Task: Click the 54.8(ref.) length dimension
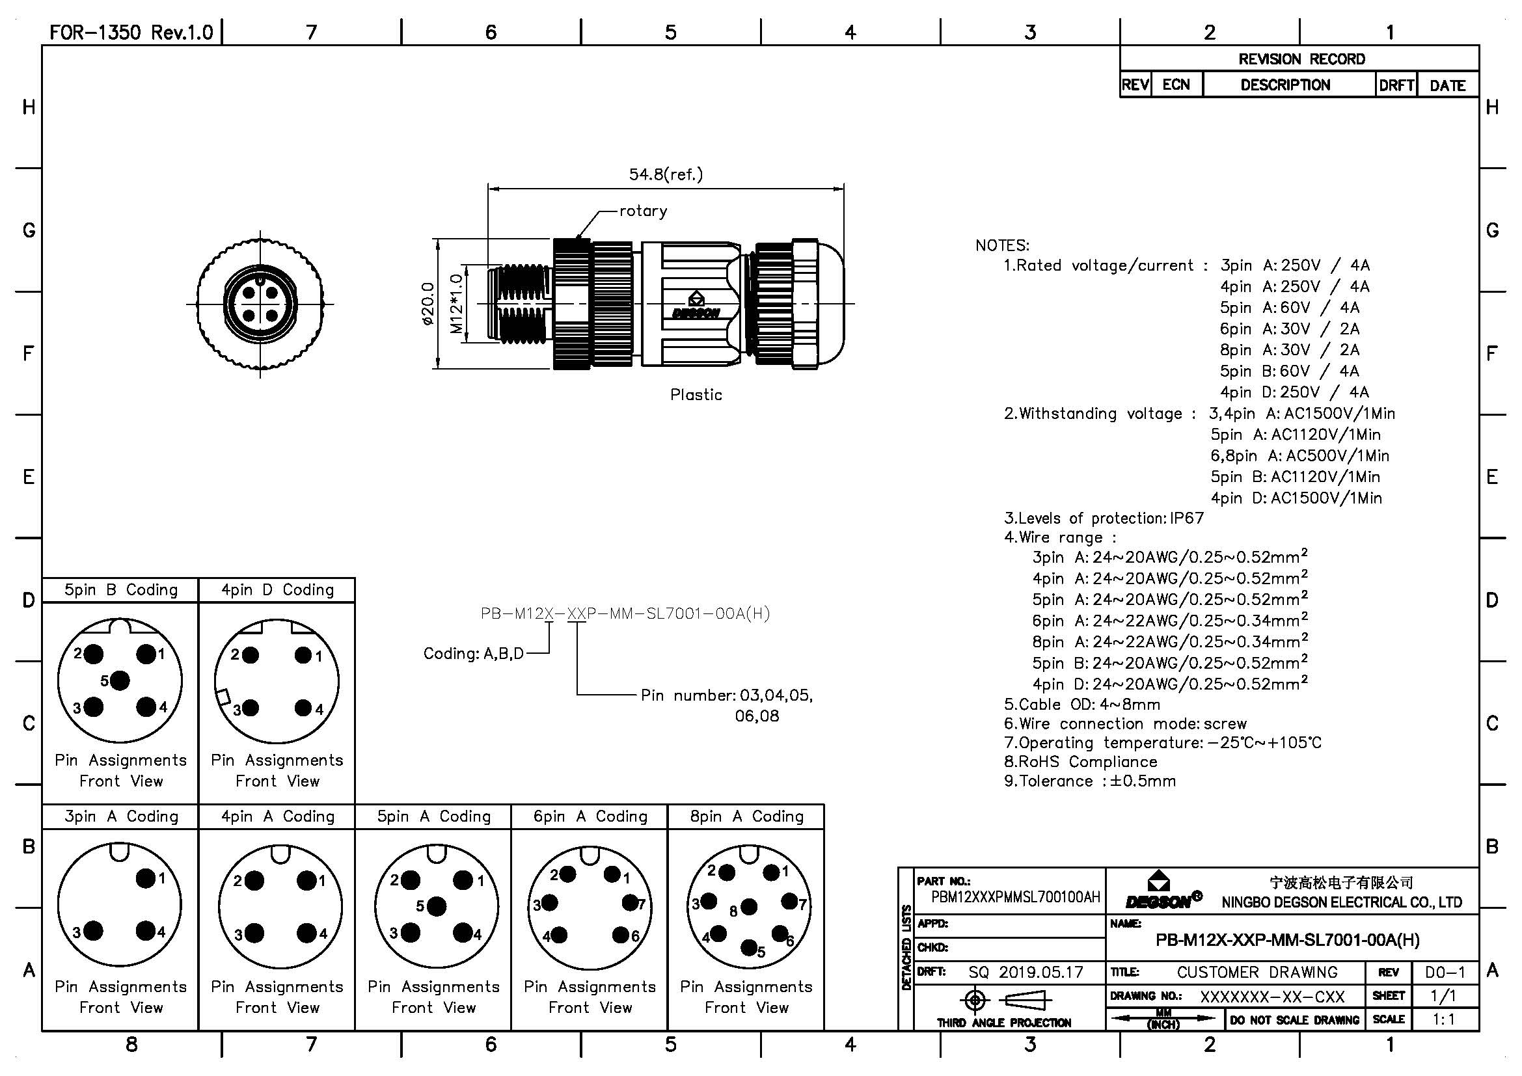665,174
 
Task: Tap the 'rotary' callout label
642,211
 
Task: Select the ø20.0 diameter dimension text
428,303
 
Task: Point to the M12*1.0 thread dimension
456,303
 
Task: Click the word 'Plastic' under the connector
696,395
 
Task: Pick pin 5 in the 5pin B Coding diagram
120,680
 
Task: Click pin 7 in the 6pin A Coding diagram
629,902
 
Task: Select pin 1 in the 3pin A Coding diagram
145,878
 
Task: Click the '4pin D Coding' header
277,589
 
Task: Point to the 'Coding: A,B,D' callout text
473,654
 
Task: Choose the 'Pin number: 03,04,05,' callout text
726,695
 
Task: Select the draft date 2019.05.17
1040,972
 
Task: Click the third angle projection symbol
1003,1001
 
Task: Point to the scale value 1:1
1444,1019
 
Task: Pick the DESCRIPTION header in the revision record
1284,85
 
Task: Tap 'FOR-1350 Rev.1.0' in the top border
131,33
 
